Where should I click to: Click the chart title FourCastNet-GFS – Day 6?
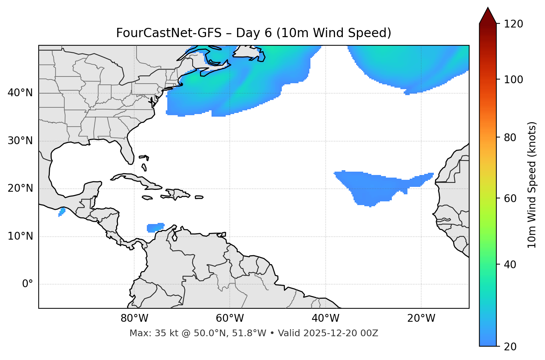(254, 33)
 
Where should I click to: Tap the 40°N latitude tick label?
(20, 93)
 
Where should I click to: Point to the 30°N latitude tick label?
(20, 141)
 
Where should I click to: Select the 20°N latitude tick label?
(20, 188)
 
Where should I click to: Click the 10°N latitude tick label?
(20, 236)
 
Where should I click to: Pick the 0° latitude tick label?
(27, 284)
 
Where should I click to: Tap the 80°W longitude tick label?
(134, 318)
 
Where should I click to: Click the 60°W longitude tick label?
(230, 318)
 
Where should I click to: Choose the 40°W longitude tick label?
(325, 318)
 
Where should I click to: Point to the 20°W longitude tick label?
(421, 318)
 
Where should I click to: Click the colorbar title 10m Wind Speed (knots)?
(532, 185)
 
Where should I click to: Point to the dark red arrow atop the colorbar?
(488, 16)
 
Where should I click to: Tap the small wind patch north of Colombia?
(155, 227)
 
